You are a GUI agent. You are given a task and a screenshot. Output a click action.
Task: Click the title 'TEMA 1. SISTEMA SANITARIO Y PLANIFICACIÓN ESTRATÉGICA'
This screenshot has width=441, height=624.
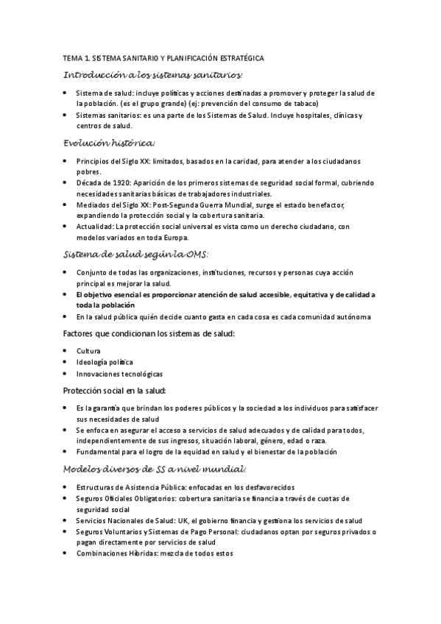tap(163, 57)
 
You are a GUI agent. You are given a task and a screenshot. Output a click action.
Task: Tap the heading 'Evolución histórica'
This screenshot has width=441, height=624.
tap(109, 142)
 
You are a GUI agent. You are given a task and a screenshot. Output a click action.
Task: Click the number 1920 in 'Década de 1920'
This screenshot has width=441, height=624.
tap(113, 181)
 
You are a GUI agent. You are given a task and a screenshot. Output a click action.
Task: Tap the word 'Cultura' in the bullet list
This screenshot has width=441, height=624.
tap(88, 350)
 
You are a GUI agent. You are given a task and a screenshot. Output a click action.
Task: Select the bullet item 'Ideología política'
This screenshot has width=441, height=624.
tap(105, 362)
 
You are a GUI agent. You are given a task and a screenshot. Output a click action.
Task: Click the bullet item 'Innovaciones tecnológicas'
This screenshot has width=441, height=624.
tap(119, 374)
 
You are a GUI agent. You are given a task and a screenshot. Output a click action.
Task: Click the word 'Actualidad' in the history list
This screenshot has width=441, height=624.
tap(94, 227)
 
